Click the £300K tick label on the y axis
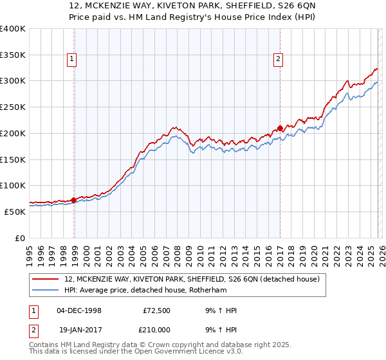tap(13, 81)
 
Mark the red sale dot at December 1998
tap(74, 200)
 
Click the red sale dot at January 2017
tap(280, 127)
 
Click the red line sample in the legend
tap(46, 279)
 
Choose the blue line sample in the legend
tap(46, 290)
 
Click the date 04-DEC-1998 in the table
tap(78, 310)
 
